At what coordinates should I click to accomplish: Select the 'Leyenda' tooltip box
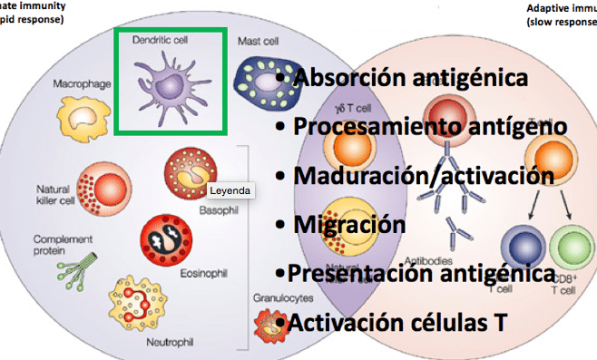(229, 191)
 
